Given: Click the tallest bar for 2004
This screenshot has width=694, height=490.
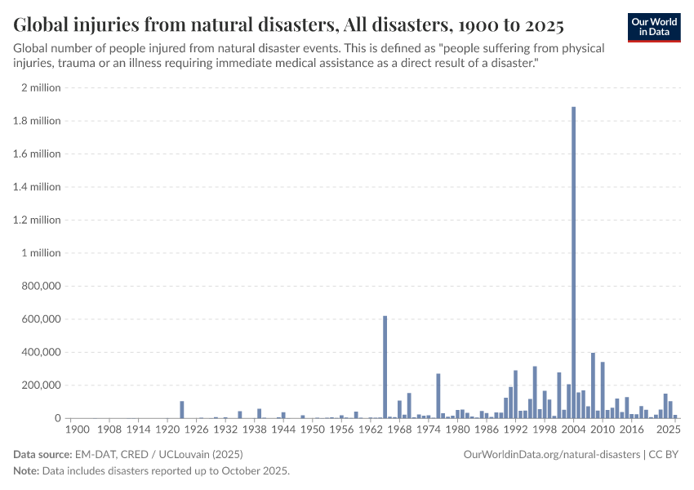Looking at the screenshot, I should click(x=574, y=261).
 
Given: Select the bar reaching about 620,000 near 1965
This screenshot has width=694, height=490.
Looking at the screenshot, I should click(x=385, y=367).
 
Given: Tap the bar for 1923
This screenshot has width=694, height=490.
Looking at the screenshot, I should click(x=182, y=409).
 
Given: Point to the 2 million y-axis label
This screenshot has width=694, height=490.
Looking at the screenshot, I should click(x=41, y=88).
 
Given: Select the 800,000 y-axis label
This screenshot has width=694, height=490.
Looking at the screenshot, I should click(x=38, y=287).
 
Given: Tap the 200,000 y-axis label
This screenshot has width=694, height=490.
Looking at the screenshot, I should click(x=38, y=385).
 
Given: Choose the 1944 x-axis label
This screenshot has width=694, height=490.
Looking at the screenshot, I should click(x=282, y=428).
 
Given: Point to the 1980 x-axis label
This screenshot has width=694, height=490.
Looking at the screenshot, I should click(x=457, y=428).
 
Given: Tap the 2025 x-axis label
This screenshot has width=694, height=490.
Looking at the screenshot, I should click(x=669, y=428).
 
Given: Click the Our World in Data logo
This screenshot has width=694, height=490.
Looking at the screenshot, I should click(x=653, y=27).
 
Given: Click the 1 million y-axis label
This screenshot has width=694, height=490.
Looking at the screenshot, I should click(x=40, y=253).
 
